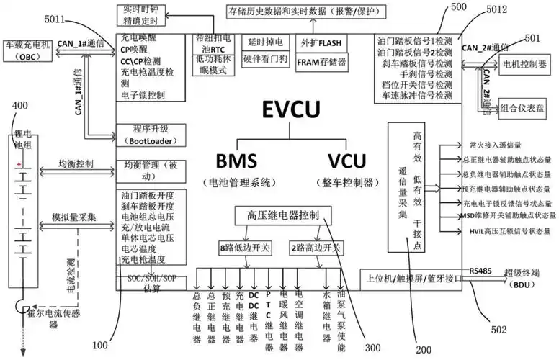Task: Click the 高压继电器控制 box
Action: (282, 215)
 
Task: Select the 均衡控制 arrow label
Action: (75, 164)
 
